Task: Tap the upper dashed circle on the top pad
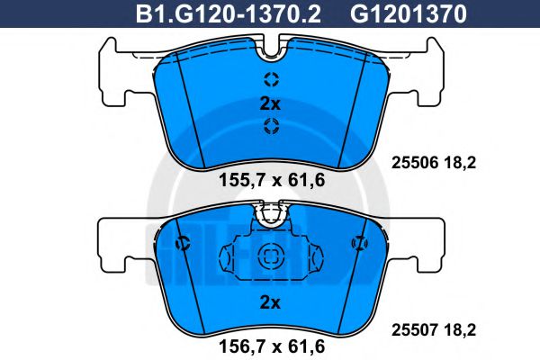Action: (270, 78)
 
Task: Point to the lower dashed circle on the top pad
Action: (270, 127)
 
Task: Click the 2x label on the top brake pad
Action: (270, 103)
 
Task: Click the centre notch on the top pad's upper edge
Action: (270, 45)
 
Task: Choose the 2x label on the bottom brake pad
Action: (270, 301)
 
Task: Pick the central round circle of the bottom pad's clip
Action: (270, 257)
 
